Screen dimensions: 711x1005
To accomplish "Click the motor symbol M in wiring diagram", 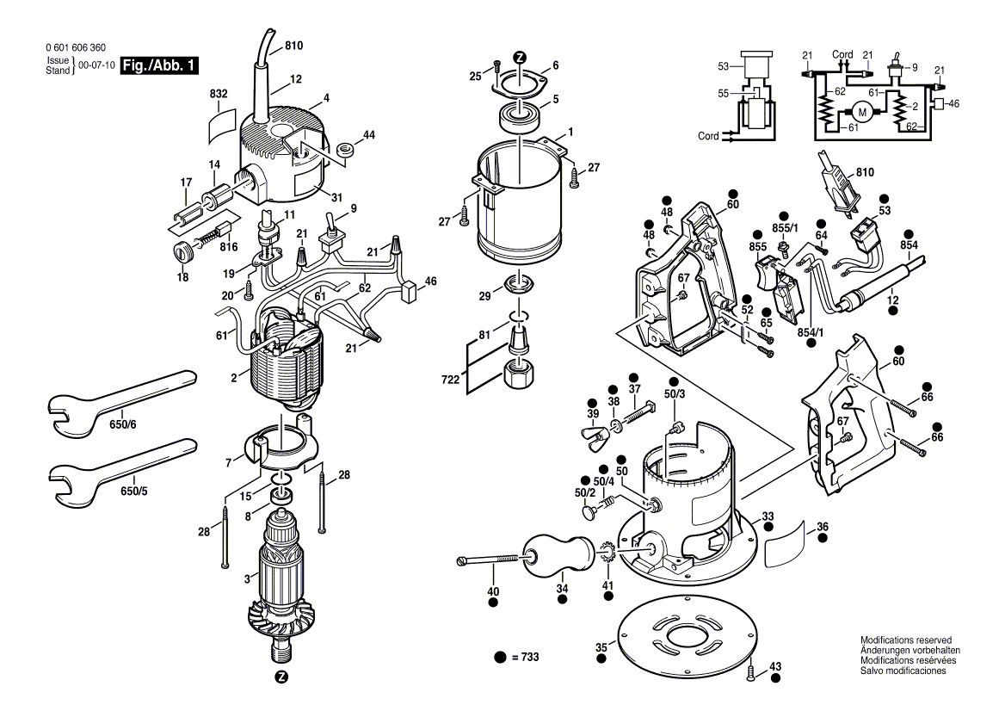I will pos(860,111).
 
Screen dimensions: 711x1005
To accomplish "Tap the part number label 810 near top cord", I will pos(294,45).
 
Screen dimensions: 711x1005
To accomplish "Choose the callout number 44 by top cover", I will pos(369,135).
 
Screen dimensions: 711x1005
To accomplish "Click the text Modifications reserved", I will pos(906,640).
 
